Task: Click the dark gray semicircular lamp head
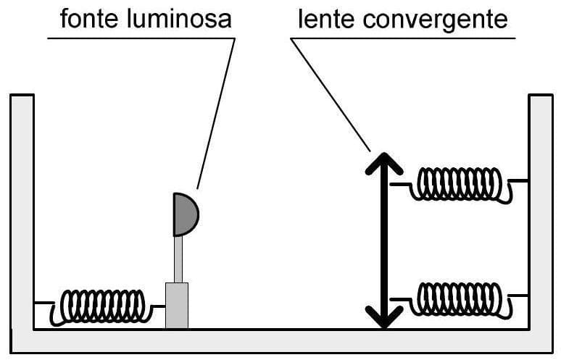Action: (x=183, y=214)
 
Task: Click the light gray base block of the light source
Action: (x=177, y=305)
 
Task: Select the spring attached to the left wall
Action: (x=101, y=306)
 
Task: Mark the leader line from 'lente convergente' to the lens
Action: (x=331, y=94)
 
